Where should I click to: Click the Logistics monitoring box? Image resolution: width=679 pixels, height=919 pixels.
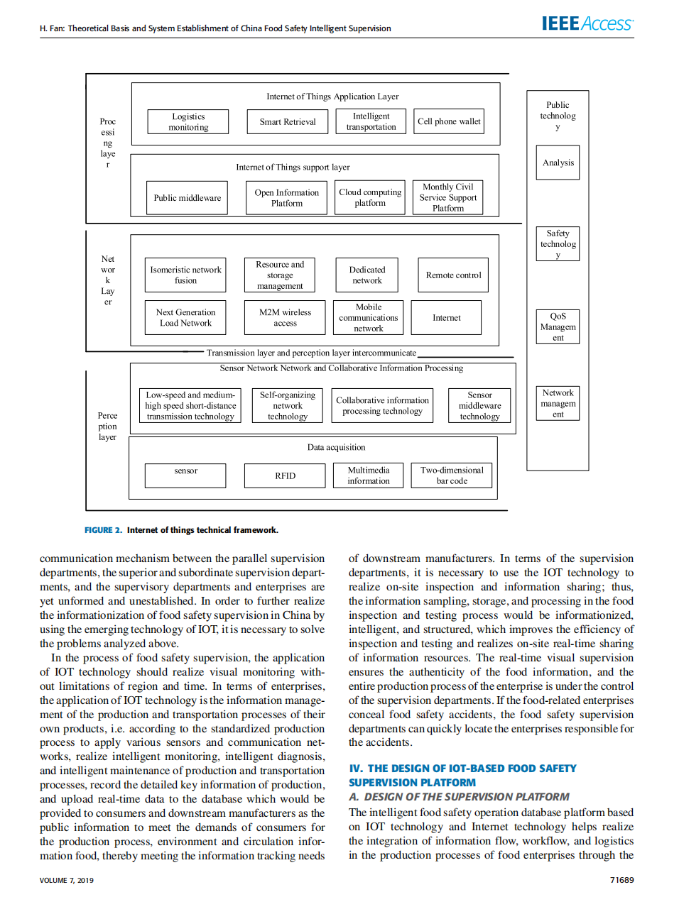(188, 122)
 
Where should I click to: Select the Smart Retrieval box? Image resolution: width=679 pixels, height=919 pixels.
(288, 122)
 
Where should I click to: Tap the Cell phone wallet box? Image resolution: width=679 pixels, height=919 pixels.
(449, 122)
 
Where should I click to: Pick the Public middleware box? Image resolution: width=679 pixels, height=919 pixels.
(188, 198)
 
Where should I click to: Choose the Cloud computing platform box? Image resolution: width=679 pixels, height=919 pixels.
(370, 198)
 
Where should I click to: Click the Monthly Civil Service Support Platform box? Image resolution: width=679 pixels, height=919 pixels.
(447, 198)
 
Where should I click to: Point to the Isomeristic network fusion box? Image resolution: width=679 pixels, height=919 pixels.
(185, 275)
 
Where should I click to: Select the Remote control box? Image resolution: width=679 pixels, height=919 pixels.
(453, 275)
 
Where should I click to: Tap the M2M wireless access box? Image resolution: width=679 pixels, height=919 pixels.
(285, 318)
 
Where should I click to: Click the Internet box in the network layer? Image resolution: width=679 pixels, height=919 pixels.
(446, 318)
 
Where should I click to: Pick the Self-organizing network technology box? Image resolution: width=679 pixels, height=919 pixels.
(288, 406)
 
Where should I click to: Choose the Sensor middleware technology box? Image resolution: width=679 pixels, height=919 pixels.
(479, 406)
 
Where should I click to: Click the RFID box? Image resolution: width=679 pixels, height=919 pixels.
(285, 476)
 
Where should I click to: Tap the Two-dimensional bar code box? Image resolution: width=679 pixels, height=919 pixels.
(452, 475)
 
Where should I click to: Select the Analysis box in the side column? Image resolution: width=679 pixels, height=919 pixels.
(558, 163)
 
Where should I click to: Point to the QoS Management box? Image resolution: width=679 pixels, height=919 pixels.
(558, 327)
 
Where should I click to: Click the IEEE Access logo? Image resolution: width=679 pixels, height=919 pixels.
(587, 24)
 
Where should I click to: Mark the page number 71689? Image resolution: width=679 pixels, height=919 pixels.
(621, 880)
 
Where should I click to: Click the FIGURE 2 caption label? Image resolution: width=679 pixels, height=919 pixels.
(103, 530)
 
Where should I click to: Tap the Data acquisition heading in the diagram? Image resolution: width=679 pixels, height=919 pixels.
(336, 448)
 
